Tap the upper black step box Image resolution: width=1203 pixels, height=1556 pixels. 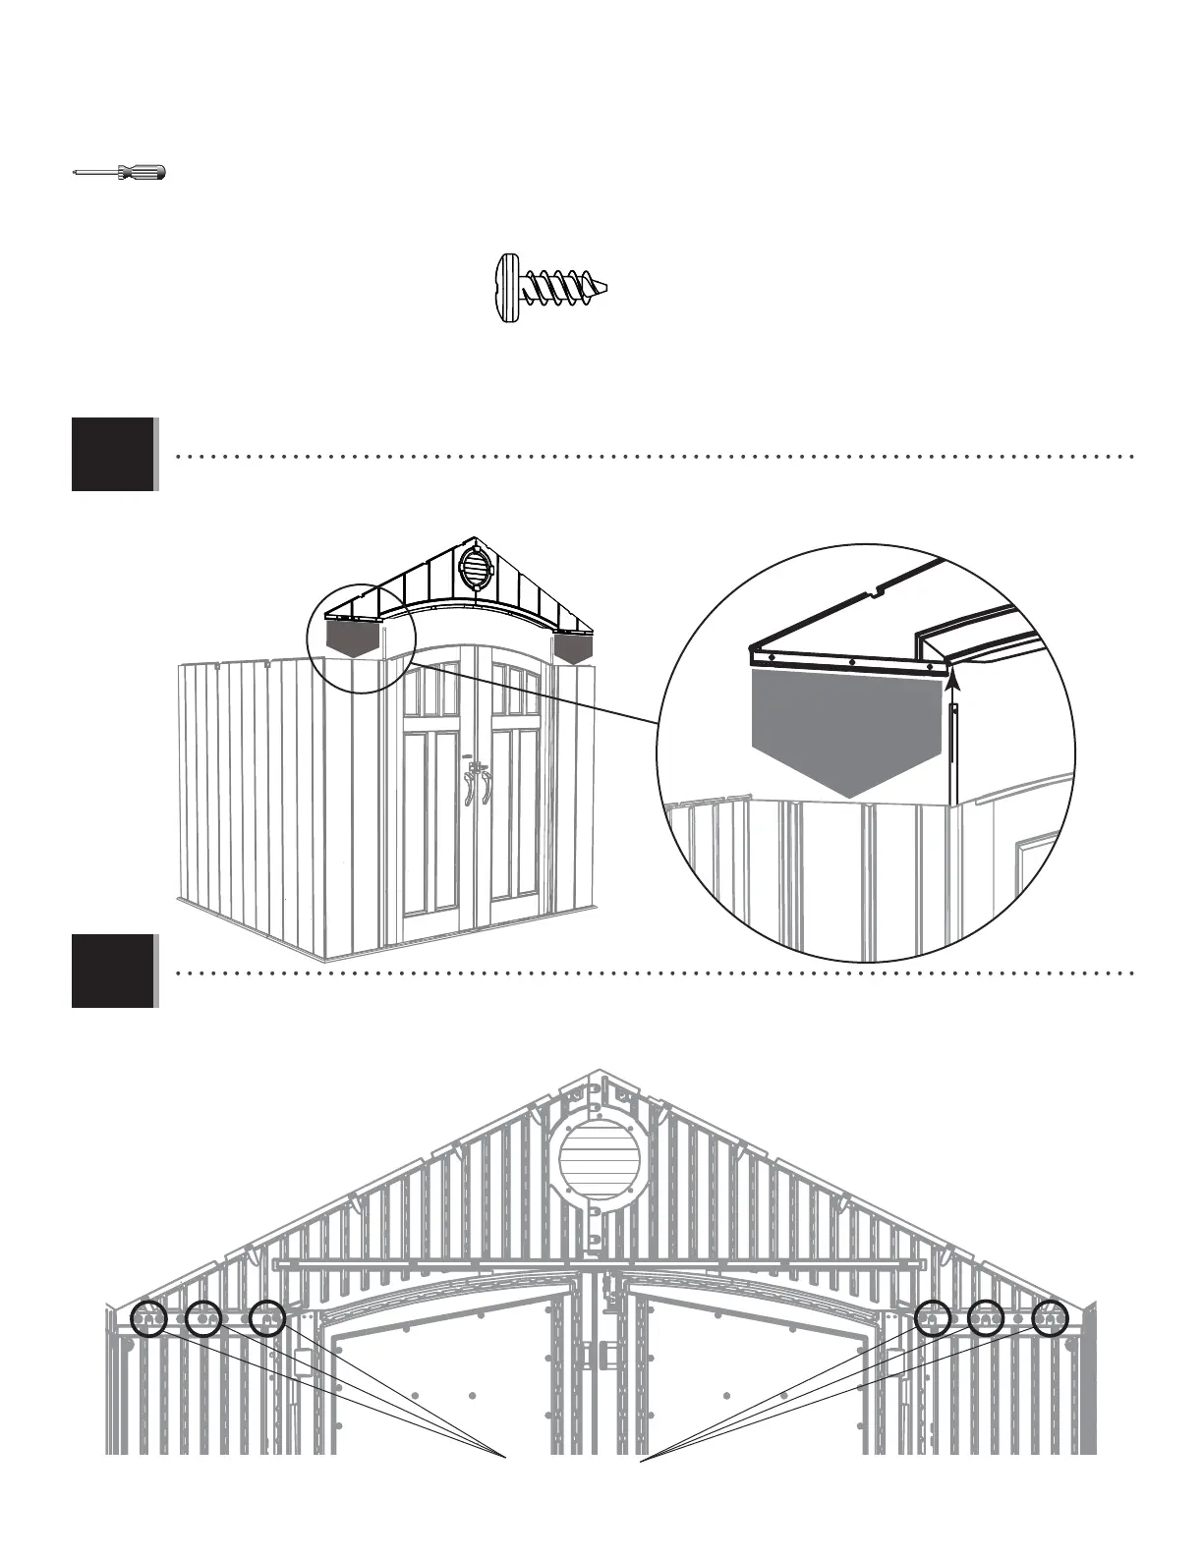coord(113,454)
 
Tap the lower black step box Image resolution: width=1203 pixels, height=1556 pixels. coord(113,971)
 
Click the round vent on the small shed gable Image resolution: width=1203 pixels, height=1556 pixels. coord(474,568)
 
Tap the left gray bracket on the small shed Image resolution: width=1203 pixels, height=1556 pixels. coord(354,640)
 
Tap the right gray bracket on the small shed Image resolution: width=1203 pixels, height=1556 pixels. coord(574,644)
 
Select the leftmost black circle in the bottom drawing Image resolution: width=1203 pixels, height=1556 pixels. coord(149,1318)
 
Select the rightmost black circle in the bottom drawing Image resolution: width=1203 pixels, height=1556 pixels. coord(1050,1318)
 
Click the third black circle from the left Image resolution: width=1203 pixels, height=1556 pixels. coord(267,1318)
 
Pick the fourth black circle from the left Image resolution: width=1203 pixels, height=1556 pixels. coord(932,1318)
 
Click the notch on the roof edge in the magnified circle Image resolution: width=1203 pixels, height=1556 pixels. coord(877,591)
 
